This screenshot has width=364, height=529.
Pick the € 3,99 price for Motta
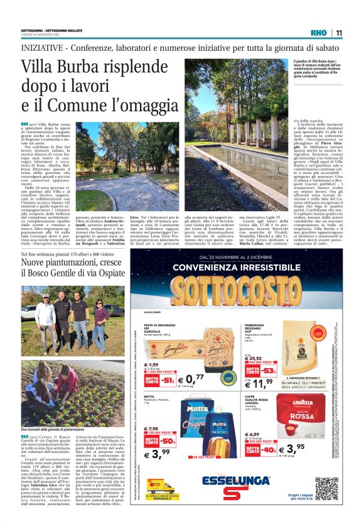tap(157, 454)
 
